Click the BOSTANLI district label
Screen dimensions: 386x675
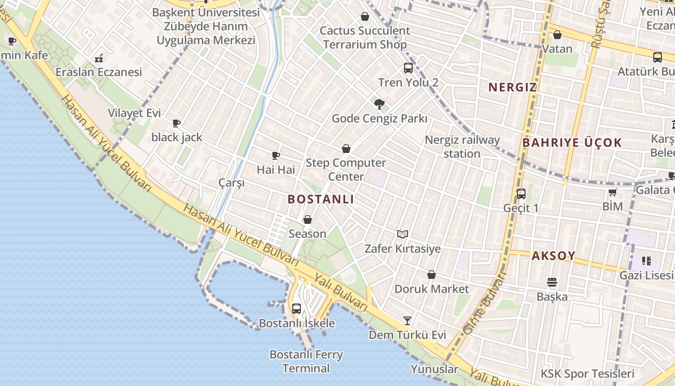point(321,199)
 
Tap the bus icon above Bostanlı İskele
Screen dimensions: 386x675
point(297,308)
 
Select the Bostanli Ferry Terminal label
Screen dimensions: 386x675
point(306,361)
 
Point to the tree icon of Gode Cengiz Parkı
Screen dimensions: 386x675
point(379,104)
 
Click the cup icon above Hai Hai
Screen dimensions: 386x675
point(276,155)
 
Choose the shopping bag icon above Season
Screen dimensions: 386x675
point(308,220)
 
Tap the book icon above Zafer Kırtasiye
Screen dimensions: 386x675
point(403,234)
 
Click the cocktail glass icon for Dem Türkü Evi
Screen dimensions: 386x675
point(407,320)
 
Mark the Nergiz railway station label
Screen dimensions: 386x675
point(462,147)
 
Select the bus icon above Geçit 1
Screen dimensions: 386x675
point(521,194)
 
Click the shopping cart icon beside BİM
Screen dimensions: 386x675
point(612,193)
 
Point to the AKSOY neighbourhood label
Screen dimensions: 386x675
point(553,256)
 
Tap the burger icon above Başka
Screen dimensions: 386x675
point(552,282)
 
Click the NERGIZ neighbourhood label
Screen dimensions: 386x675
point(513,87)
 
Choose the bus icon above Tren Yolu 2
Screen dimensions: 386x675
point(408,68)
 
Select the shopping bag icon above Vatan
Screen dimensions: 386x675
point(557,35)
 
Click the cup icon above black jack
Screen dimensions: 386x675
point(176,123)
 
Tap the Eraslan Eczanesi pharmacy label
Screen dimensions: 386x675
point(99,72)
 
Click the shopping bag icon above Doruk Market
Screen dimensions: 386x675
point(432,275)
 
